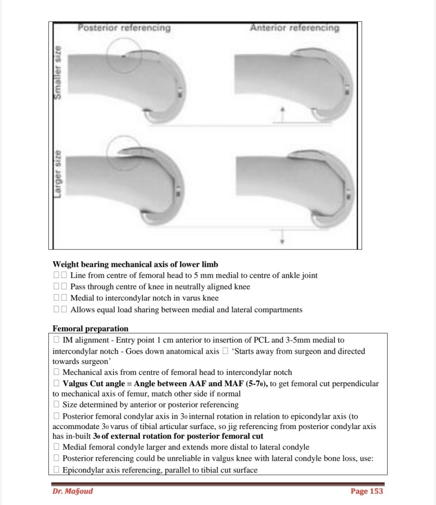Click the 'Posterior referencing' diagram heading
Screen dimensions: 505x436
click(x=124, y=28)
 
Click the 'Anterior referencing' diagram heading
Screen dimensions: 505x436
click(x=295, y=28)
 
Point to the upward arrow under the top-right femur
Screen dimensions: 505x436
click(x=282, y=113)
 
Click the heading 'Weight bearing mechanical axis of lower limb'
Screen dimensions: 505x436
click(x=135, y=264)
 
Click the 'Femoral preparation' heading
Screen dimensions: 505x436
click(x=90, y=328)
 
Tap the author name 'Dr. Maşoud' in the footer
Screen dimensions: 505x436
click(x=73, y=491)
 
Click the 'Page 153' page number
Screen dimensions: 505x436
click(x=366, y=491)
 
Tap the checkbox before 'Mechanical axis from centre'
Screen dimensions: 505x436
click(x=57, y=373)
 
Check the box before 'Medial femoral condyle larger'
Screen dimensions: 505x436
click(x=57, y=447)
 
